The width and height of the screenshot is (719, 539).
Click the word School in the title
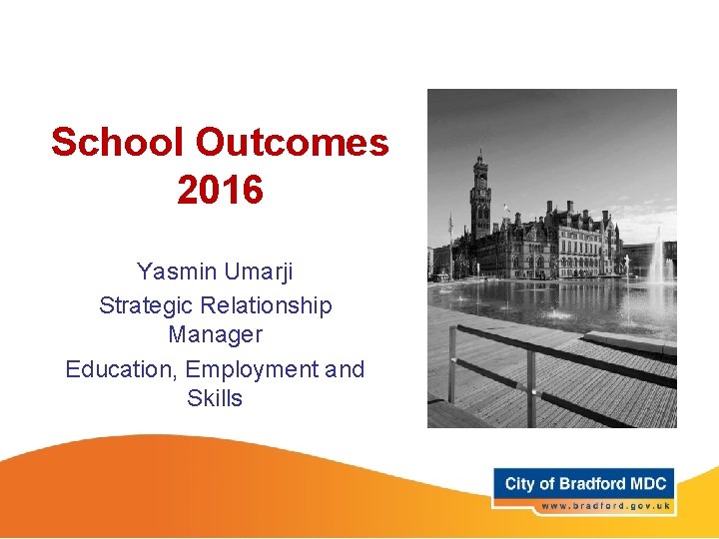(x=119, y=143)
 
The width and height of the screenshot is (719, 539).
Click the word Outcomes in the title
(x=292, y=143)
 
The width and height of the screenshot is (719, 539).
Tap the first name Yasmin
(x=174, y=271)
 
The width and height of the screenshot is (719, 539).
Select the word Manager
(x=215, y=334)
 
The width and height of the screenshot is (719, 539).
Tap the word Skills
(x=215, y=398)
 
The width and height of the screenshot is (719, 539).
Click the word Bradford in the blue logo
(x=593, y=484)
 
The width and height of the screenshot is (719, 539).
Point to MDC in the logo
(x=648, y=484)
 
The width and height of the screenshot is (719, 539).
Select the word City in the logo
(x=520, y=484)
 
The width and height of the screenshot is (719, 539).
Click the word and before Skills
(x=345, y=369)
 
